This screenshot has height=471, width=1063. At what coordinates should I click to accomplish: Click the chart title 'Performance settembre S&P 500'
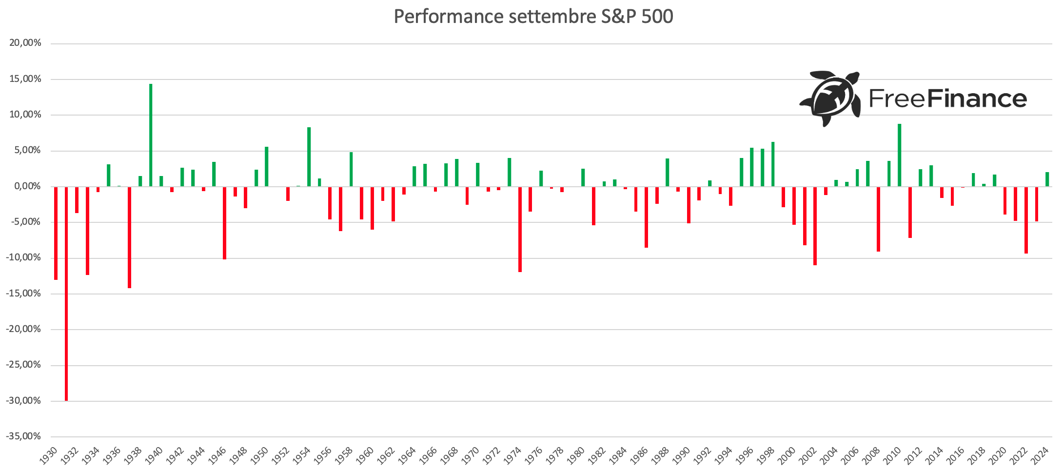(533, 17)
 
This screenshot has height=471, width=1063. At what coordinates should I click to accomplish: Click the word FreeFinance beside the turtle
(947, 99)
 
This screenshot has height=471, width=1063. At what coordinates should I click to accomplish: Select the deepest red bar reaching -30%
(66, 293)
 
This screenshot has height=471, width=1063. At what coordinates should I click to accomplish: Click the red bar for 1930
(56, 233)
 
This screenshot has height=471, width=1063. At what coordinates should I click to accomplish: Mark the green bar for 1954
(309, 157)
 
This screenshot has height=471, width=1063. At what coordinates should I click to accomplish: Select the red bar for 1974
(520, 229)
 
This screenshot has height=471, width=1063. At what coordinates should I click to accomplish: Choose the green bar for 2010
(900, 155)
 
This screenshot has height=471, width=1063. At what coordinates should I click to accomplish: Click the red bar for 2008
(879, 219)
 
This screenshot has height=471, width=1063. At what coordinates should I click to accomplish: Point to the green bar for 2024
(1047, 179)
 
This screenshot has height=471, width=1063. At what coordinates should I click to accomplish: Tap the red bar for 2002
(815, 226)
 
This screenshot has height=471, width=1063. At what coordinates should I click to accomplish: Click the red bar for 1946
(225, 223)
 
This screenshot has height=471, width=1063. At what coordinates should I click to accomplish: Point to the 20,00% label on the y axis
(25, 43)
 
